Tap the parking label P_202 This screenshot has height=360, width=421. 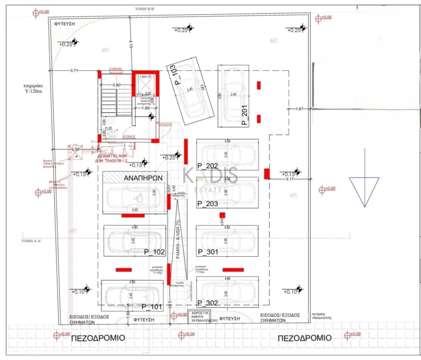[208, 165]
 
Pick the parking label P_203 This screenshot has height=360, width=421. [208, 204]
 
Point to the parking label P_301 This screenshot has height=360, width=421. [208, 252]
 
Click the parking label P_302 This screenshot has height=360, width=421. [208, 302]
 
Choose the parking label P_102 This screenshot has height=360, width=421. [154, 252]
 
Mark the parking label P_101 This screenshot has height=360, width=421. [152, 306]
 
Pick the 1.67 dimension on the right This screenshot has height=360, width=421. [299, 109]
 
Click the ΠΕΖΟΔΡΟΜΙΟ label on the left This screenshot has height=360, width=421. [98, 338]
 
